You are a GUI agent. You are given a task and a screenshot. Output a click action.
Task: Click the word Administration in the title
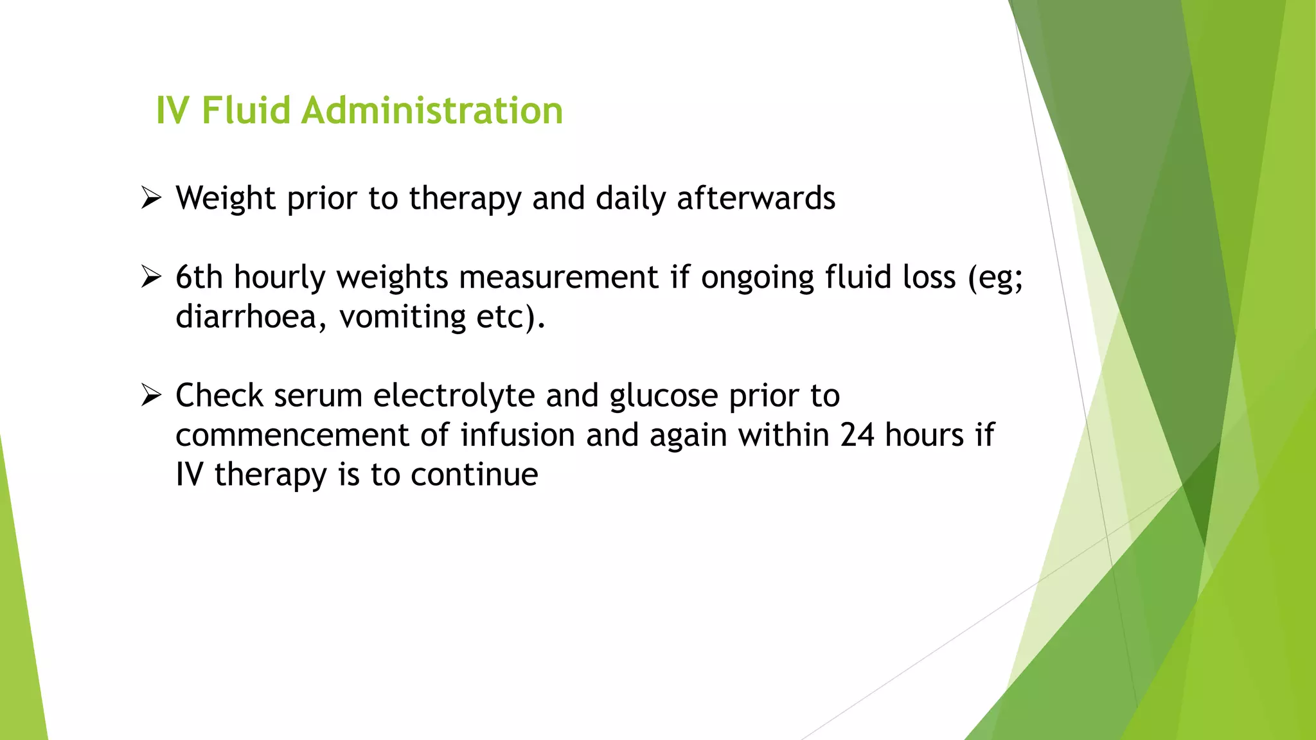[x=432, y=110]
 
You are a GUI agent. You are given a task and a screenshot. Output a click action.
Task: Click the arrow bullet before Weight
[x=151, y=198]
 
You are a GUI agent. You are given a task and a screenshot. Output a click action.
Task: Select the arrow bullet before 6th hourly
[x=151, y=277]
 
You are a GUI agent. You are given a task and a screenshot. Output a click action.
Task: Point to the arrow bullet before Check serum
[x=151, y=395]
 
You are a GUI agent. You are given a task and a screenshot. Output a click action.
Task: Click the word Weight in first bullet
[x=226, y=198]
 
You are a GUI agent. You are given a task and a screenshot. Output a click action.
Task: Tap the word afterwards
[x=756, y=198]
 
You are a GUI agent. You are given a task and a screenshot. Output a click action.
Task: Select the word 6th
[x=199, y=277]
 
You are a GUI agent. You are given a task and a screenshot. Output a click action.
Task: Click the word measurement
[x=558, y=277]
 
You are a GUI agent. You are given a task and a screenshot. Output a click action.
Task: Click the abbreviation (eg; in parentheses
[x=995, y=277]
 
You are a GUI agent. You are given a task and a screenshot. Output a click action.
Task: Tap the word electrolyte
[x=454, y=395]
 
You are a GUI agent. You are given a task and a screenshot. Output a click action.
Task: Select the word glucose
[x=664, y=395]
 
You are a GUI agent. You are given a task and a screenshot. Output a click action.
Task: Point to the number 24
[x=857, y=435]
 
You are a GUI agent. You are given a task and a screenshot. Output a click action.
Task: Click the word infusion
[x=517, y=435]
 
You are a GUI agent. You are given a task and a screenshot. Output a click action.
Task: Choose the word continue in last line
[x=474, y=475]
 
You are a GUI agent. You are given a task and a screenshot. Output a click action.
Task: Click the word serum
[x=318, y=395]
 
